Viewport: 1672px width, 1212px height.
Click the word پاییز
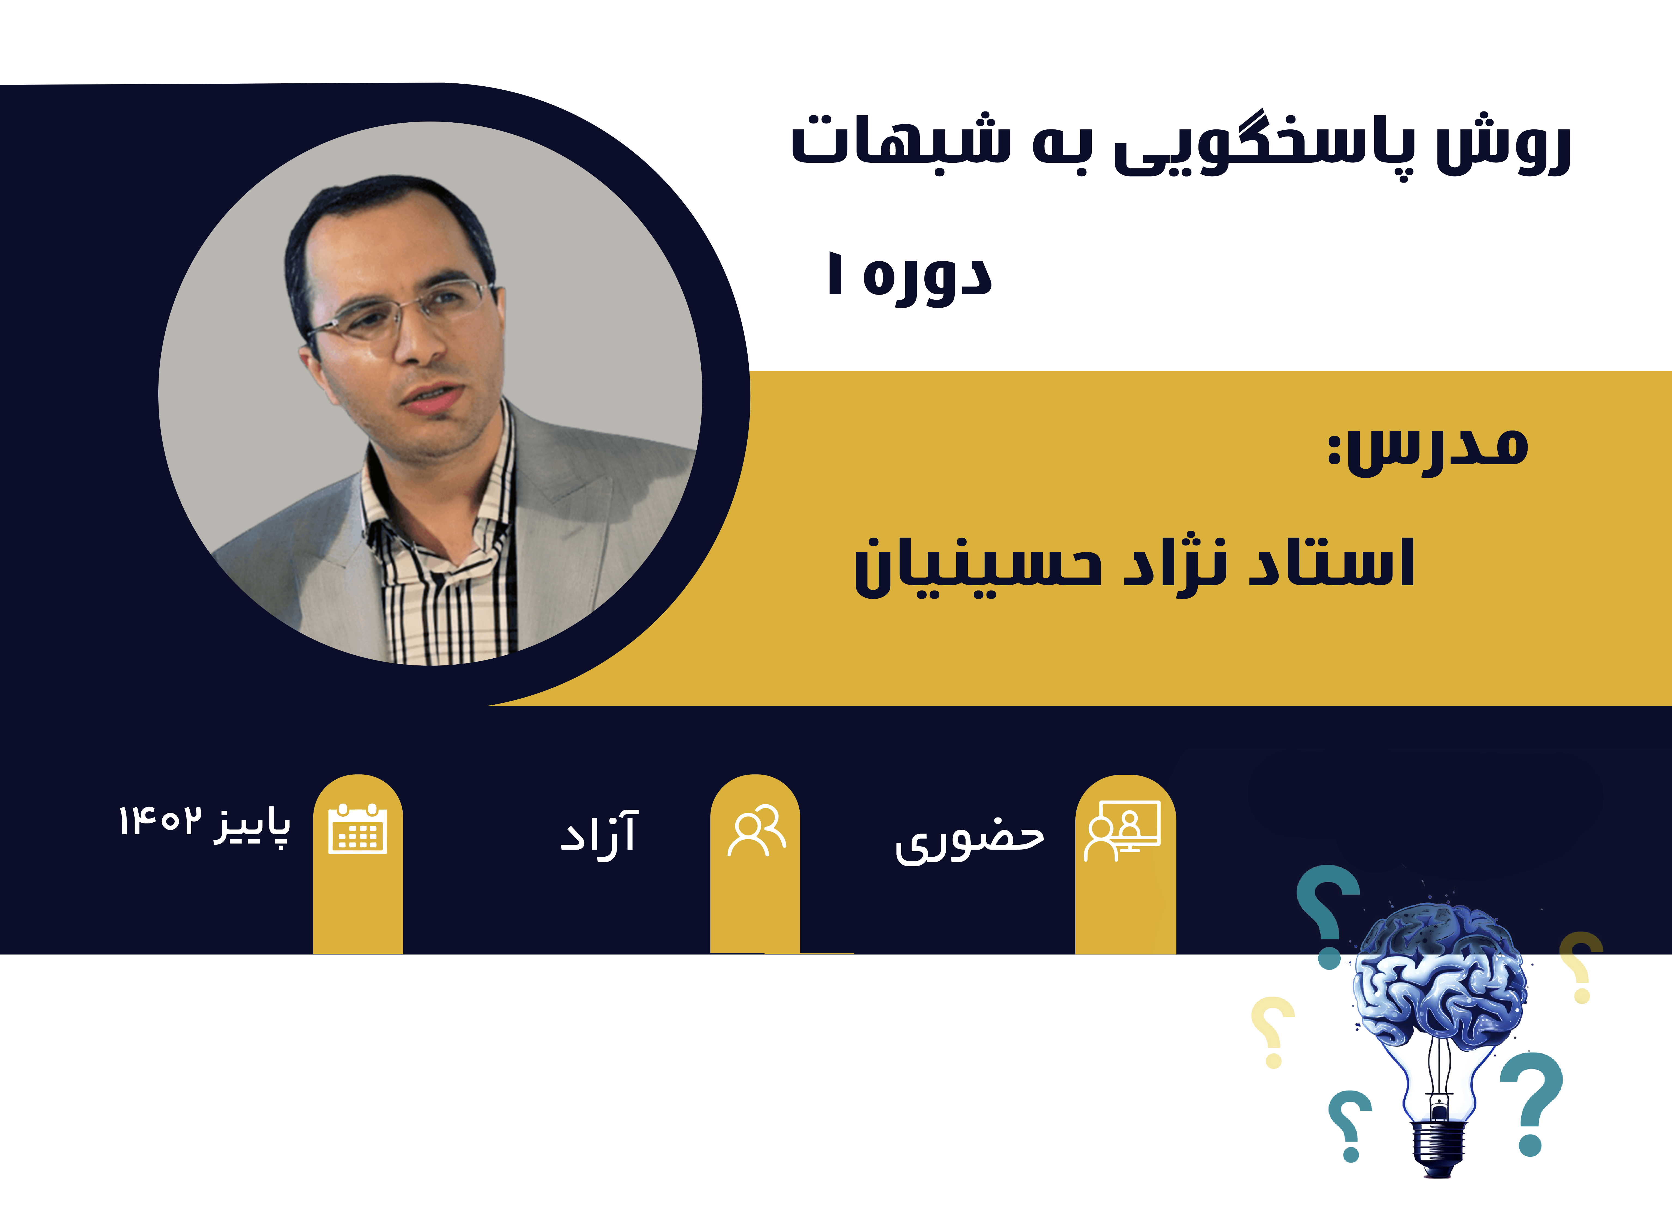point(252,827)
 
